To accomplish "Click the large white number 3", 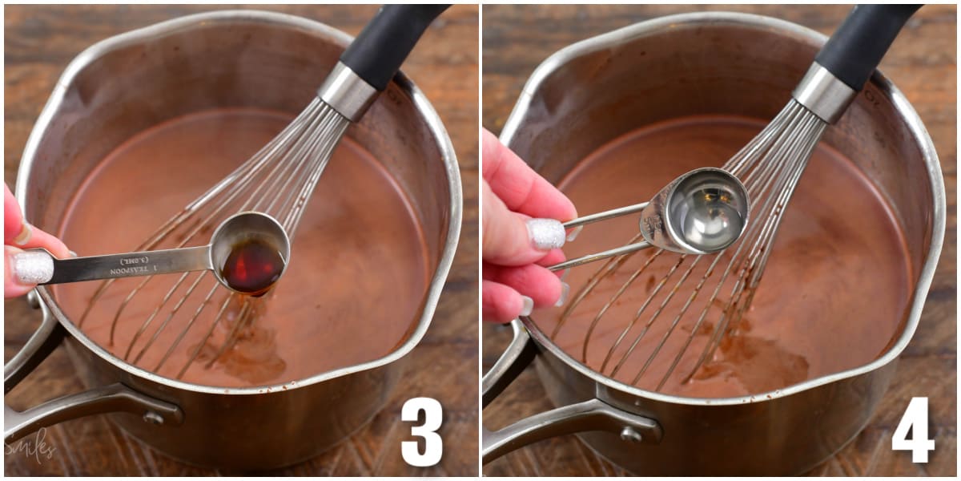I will tap(422, 431).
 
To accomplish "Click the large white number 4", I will tap(913, 430).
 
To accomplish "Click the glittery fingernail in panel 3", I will tap(33, 267).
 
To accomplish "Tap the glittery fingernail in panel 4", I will tap(546, 233).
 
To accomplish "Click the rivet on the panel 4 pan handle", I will tap(631, 434).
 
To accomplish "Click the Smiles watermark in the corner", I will tap(30, 446).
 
